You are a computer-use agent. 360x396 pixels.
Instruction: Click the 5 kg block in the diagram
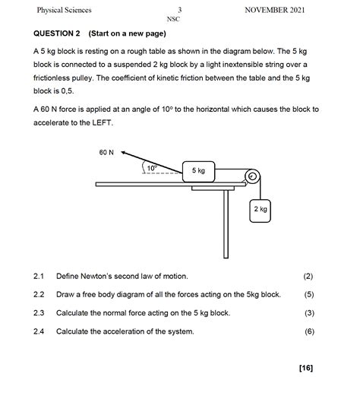pos(198,172)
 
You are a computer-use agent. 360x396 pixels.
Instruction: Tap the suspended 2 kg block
pos(260,211)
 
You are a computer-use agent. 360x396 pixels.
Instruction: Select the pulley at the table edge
pos(252,176)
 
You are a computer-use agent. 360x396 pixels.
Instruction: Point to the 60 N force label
pos(106,152)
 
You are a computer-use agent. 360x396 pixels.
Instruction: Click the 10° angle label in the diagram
pos(152,168)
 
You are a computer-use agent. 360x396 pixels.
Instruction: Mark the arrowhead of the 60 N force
pos(123,152)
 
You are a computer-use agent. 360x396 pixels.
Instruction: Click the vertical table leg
pos(226,224)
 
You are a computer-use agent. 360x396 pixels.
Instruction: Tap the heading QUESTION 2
pos(57,33)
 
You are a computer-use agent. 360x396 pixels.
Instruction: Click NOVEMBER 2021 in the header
pos(275,10)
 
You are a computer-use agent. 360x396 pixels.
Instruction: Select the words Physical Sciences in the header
pos(64,10)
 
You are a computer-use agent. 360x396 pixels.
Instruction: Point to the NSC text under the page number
pos(173,19)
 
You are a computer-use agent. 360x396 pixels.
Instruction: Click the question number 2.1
pos(39,276)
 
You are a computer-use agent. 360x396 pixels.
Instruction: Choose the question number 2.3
pos(39,313)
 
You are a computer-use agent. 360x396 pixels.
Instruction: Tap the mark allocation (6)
pos(309,331)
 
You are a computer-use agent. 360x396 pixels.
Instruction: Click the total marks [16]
pos(306,368)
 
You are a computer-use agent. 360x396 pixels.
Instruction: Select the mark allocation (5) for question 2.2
pos(309,295)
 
